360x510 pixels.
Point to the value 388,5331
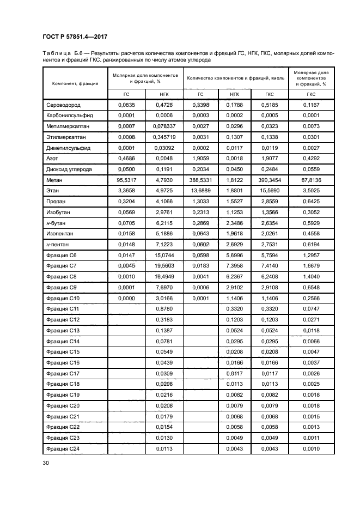pyautogui.click(x=200, y=180)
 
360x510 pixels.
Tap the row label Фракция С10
pyautogui.click(x=63, y=298)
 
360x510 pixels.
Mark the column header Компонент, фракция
pyautogui.click(x=75, y=83)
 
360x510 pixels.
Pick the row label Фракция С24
pyautogui.click(x=63, y=448)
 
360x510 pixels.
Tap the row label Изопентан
pyautogui.click(x=62, y=233)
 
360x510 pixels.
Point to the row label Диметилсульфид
pyautogui.click(x=68, y=148)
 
